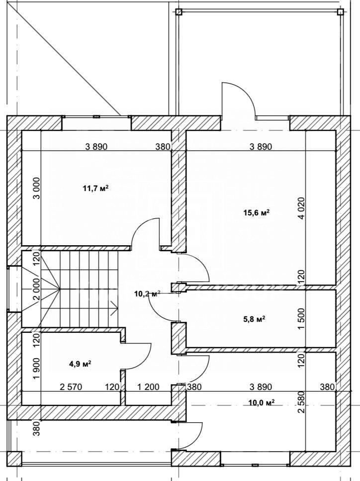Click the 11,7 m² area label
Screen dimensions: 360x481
click(x=95, y=189)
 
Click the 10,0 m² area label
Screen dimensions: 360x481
click(x=261, y=402)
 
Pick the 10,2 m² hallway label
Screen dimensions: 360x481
click(x=147, y=294)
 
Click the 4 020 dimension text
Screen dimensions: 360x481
click(x=301, y=208)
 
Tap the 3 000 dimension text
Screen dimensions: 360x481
click(x=36, y=189)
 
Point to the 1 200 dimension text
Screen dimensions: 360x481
click(x=148, y=387)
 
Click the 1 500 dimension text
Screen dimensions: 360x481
click(x=301, y=319)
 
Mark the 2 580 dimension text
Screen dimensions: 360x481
click(x=301, y=402)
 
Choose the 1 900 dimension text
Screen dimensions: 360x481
click(x=36, y=369)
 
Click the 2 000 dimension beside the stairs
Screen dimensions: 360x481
click(x=36, y=289)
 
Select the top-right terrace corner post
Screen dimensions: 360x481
click(x=340, y=12)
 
